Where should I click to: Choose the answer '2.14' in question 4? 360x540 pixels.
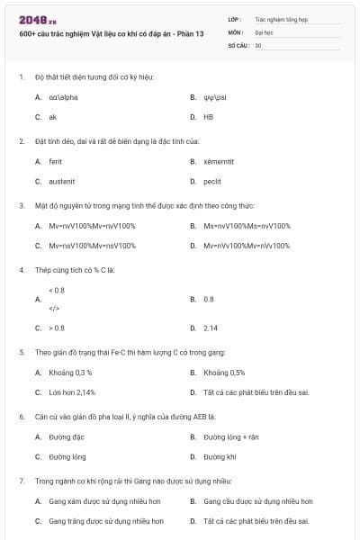point(211,328)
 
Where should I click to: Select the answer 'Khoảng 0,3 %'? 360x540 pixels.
point(70,372)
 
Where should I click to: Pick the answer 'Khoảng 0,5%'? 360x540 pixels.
point(224,372)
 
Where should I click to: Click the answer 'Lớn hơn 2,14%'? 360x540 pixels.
point(72,392)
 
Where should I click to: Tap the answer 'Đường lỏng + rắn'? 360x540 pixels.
point(230,436)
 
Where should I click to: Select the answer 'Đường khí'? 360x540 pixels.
point(220,456)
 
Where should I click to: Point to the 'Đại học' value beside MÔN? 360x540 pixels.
point(264,31)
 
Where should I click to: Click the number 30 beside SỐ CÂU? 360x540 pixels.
point(258,44)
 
